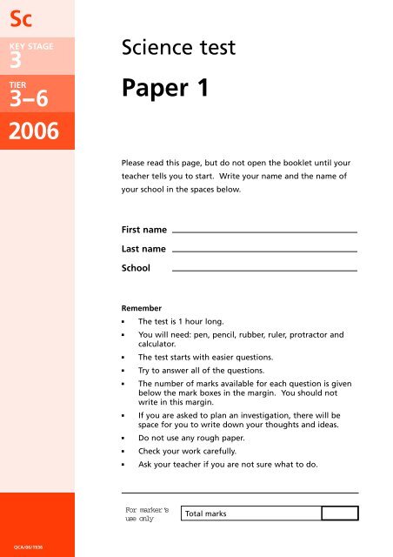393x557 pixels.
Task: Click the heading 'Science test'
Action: pos(180,50)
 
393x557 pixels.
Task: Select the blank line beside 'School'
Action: pos(265,270)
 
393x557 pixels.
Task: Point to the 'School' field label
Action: pos(136,269)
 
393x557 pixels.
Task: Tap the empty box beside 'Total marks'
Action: pos(339,513)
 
